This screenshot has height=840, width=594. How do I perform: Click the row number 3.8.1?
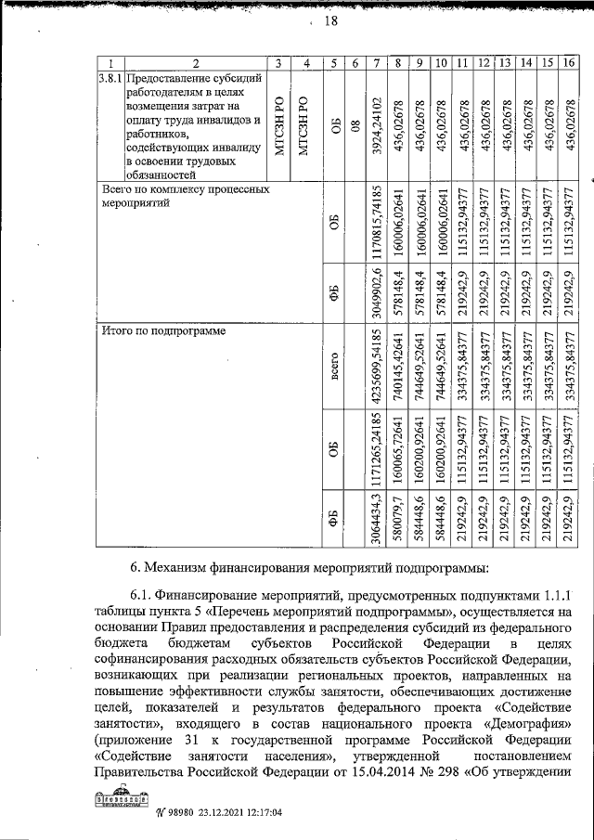(110, 79)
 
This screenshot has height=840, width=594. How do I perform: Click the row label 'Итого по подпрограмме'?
(161, 330)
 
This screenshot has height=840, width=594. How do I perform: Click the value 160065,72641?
(398, 448)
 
